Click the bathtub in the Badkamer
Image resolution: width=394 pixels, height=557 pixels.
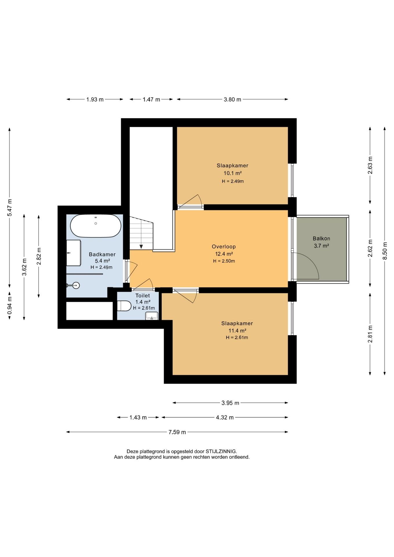click(96, 226)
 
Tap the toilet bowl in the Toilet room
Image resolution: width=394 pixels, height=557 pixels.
click(124, 306)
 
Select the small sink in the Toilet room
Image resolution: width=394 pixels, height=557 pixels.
click(151, 316)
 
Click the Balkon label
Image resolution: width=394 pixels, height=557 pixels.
click(321, 238)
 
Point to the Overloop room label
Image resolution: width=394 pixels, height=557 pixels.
click(224, 247)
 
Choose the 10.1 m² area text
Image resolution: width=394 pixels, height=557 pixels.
click(232, 173)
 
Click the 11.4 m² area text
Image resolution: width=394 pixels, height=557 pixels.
click(237, 330)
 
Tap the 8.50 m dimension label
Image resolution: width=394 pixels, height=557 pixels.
click(385, 251)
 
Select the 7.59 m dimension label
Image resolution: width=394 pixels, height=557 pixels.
click(177, 432)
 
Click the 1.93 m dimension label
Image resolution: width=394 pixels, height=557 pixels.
click(95, 100)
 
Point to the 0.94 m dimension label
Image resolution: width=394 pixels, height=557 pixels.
click(10, 305)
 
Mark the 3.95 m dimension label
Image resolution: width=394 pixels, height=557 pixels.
click(230, 403)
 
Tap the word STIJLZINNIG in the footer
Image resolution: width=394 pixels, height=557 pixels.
click(221, 451)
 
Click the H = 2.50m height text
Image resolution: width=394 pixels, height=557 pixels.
click(224, 261)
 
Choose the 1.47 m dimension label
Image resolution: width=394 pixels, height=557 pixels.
click(151, 100)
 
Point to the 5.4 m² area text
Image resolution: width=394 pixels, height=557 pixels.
click(102, 261)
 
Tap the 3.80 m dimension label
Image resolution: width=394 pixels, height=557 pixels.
click(232, 100)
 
